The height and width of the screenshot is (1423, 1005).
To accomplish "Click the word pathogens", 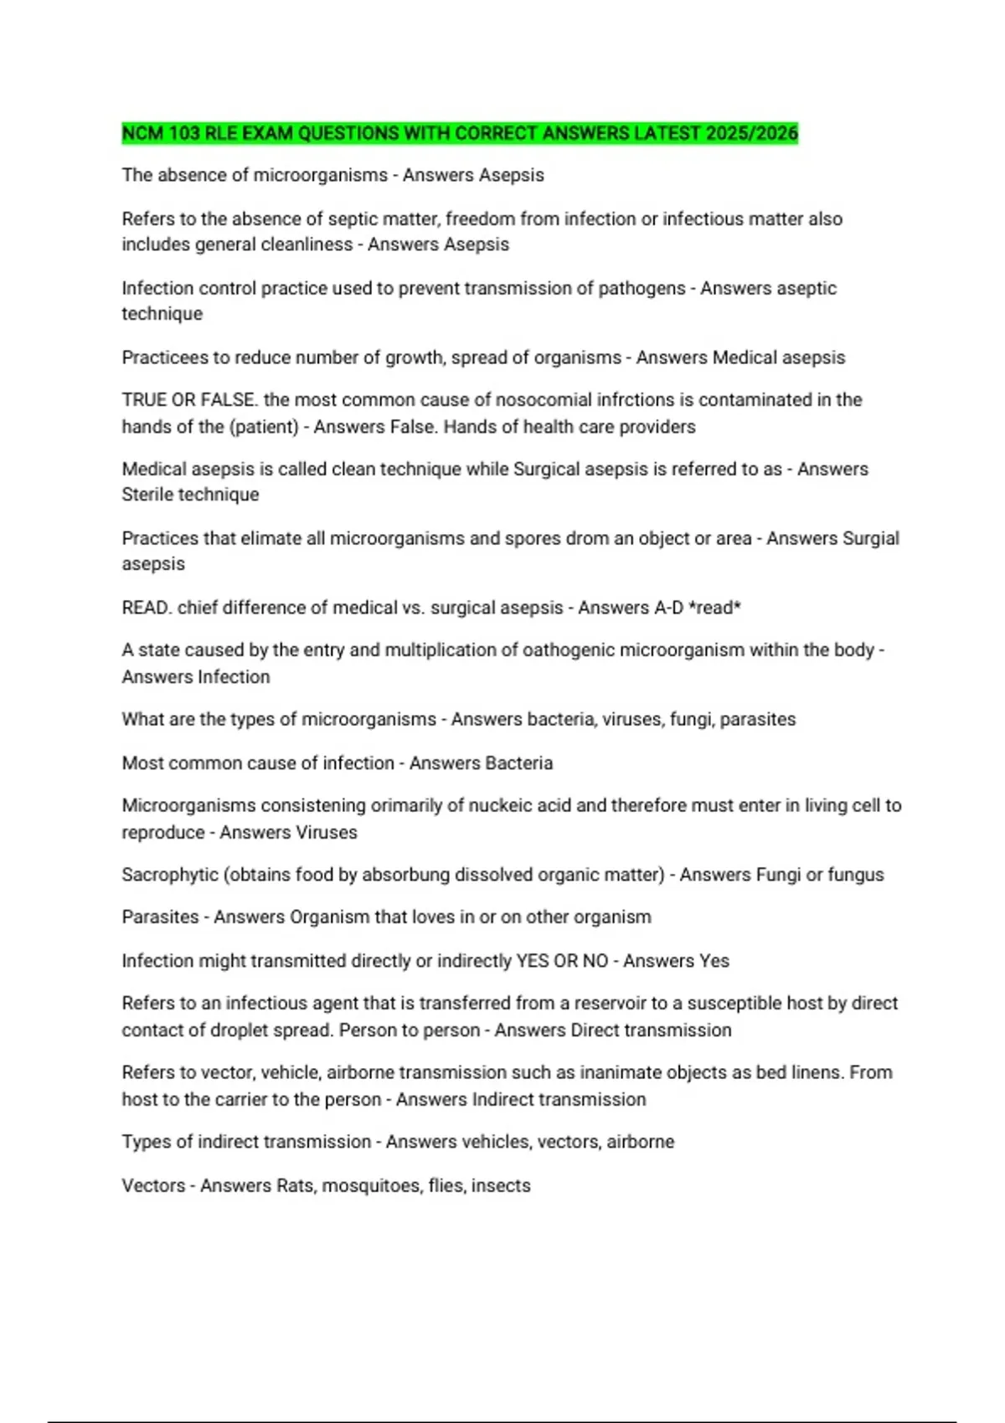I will [x=642, y=288].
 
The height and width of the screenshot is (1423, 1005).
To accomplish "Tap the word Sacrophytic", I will [x=170, y=875].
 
